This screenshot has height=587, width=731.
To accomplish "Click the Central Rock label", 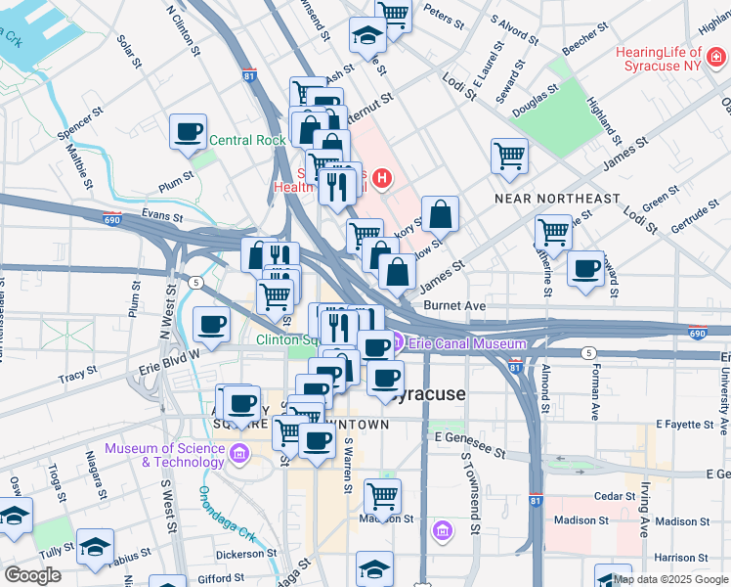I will click(x=247, y=140).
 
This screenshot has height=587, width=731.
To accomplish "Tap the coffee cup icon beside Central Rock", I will click(x=188, y=132).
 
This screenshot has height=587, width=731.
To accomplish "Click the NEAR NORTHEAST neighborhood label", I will click(x=557, y=199).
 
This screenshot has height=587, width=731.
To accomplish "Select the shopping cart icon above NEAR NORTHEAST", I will click(x=509, y=156).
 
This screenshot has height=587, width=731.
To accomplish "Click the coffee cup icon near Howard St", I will click(x=585, y=269).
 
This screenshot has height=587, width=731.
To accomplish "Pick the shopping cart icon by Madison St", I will click(x=382, y=496).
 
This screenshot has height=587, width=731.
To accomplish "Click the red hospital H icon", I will click(x=382, y=179).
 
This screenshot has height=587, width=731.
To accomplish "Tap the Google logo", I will click(x=32, y=574).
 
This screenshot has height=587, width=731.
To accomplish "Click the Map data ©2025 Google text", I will click(x=669, y=579).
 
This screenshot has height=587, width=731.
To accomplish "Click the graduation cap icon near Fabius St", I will click(x=95, y=546).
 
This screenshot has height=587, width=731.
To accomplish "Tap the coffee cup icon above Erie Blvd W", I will click(x=211, y=324).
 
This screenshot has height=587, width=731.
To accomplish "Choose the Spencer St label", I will click(x=80, y=127).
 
